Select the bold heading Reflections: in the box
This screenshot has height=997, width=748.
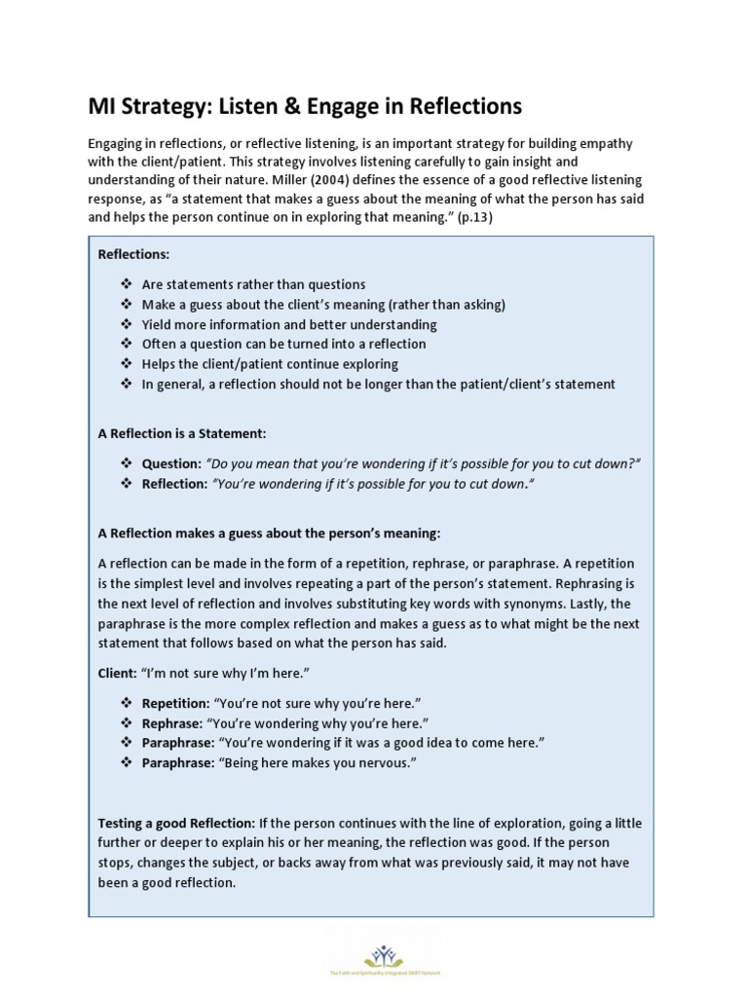click(x=133, y=254)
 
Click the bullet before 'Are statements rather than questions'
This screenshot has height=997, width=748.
click(x=126, y=284)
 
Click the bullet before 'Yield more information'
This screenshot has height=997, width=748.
click(x=126, y=324)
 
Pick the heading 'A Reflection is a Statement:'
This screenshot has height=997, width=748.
click(x=182, y=433)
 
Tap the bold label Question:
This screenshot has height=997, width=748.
click(x=171, y=463)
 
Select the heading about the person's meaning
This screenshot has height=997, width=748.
click(x=270, y=534)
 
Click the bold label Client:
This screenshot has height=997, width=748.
click(x=118, y=673)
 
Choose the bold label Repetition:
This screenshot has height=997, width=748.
click(x=175, y=703)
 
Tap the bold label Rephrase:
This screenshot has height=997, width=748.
click(x=172, y=723)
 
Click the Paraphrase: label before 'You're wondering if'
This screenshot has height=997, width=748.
click(x=177, y=743)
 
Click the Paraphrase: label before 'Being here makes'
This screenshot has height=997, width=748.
click(x=177, y=763)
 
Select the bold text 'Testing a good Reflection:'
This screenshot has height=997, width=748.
click(x=177, y=823)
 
